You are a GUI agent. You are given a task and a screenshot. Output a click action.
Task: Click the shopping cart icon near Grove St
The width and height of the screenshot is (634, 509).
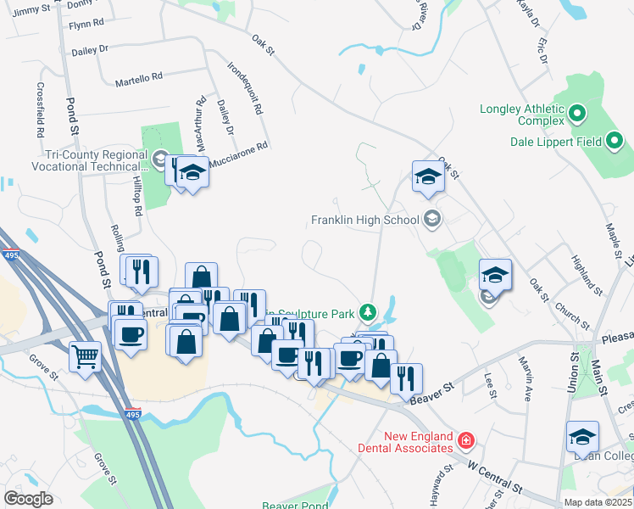coord(86,356)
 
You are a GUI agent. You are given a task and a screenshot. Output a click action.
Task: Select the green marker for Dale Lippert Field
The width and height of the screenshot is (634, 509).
coord(615,141)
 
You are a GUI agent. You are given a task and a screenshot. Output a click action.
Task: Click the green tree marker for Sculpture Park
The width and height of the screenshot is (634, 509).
coord(367,313)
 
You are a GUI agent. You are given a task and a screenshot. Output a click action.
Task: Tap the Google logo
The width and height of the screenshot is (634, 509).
coord(28,499)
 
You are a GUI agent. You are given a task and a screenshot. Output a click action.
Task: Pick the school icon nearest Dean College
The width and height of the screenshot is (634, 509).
coord(582,438)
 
